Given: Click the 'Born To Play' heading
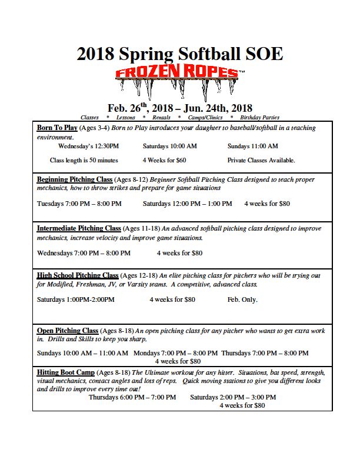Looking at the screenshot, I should coord(57,128).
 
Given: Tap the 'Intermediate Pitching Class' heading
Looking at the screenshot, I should coord(79,228).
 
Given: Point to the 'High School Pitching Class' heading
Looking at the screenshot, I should coord(78,275).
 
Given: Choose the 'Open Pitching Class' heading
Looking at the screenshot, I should coord(68,331).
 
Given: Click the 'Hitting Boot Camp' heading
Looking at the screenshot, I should coord(65,372).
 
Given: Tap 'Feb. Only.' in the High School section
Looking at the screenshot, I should coord(242,299).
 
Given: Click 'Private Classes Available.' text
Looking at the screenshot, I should coord(261,160).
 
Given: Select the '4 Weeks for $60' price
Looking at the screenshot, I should coord(164,160).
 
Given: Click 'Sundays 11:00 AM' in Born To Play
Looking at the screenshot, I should coord(253,146).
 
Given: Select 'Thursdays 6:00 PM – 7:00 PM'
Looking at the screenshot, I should coord(132,397).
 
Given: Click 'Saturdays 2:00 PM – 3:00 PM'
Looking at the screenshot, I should coord(233,397).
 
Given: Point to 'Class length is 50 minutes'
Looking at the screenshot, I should coord(84,160).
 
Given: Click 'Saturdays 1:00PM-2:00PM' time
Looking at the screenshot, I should coord(76,299).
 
